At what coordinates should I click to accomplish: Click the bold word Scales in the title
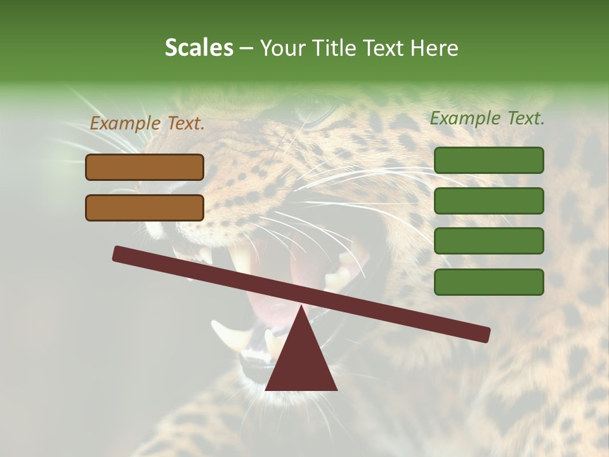199,48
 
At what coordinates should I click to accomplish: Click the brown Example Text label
147,124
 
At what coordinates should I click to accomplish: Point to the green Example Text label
487,118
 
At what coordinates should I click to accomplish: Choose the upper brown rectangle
145,167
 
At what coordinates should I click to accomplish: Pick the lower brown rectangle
145,208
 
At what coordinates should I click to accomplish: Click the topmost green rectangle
488,160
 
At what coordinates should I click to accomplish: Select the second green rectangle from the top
488,201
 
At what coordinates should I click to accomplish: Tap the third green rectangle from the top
488,241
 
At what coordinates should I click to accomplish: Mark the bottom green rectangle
488,282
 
